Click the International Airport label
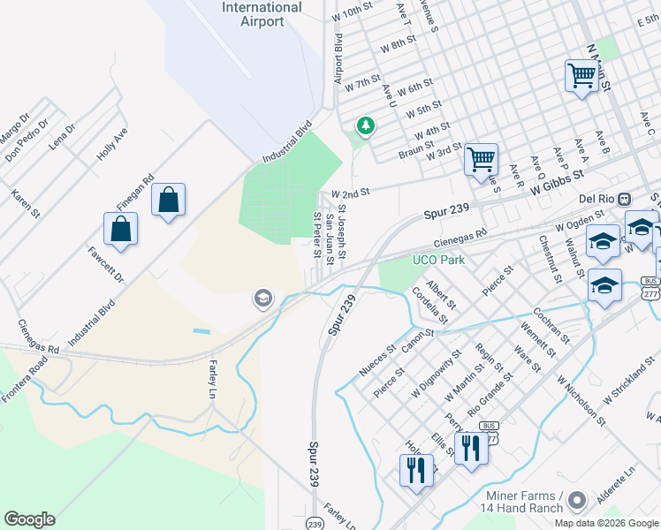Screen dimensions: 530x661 point(262,14)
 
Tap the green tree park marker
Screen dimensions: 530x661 point(363,127)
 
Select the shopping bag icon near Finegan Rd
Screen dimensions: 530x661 point(168,201)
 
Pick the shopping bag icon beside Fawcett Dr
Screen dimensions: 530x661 point(121,230)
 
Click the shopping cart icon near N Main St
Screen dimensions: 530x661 point(581,76)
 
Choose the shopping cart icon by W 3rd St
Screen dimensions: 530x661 point(482,160)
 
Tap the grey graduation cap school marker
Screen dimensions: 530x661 point(262,299)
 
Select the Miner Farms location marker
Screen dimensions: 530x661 point(577,501)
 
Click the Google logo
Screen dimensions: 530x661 point(29,519)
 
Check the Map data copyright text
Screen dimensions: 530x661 point(606,523)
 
